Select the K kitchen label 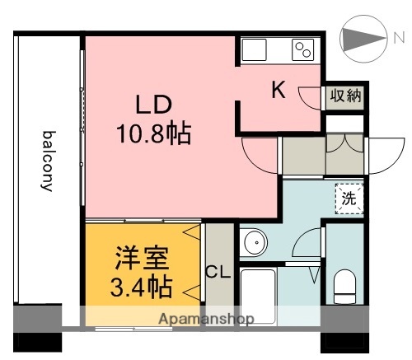pos(279,91)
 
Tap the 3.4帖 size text pos(141,288)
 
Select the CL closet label pos(218,272)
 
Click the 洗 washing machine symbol pos(349,198)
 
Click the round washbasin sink pos(255,243)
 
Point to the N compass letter pos(398,37)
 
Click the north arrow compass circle pos(360,38)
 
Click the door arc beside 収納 pos(311,96)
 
